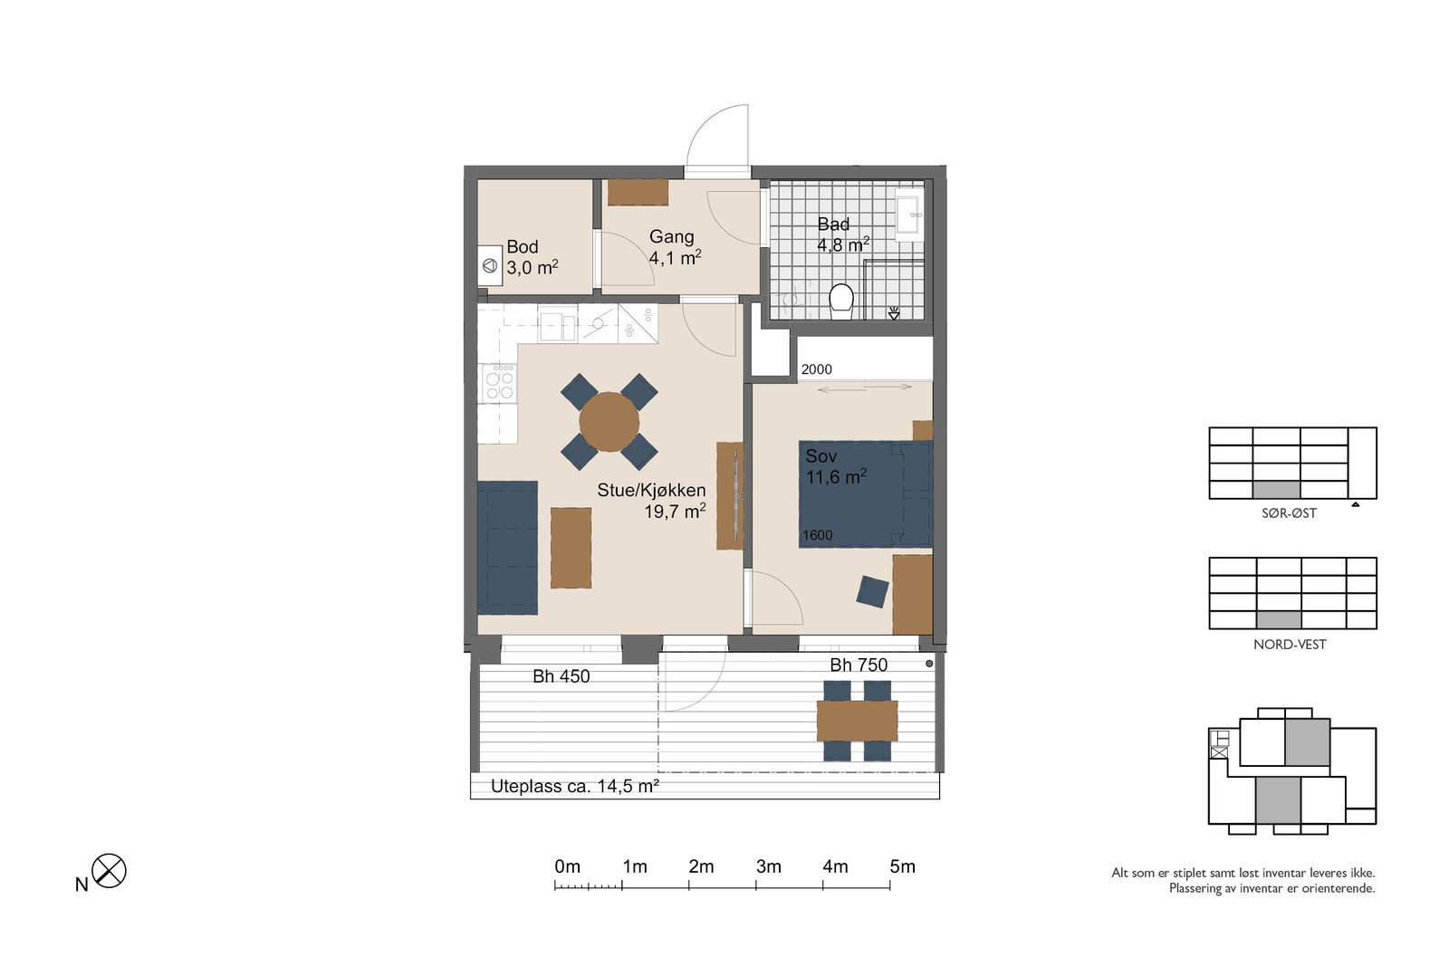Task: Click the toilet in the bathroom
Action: [841, 301]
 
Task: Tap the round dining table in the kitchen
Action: [609, 422]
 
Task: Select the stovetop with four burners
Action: [499, 383]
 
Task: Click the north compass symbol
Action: [109, 870]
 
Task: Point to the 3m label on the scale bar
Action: [769, 866]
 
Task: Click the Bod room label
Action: [522, 246]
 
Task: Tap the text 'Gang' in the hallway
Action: [671, 236]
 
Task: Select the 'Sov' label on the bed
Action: [820, 456]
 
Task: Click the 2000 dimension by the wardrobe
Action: [816, 369]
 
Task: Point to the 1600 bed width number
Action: [818, 535]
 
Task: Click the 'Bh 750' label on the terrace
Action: [859, 665]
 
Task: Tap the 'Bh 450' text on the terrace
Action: [561, 676]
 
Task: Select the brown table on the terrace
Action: [857, 721]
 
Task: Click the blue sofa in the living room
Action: [507, 548]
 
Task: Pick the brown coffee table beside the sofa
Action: [571, 548]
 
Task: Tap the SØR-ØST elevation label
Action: [1290, 513]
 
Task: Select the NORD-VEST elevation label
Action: [1290, 645]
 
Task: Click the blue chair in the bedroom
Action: [873, 591]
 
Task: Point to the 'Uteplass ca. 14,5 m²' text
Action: [574, 787]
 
